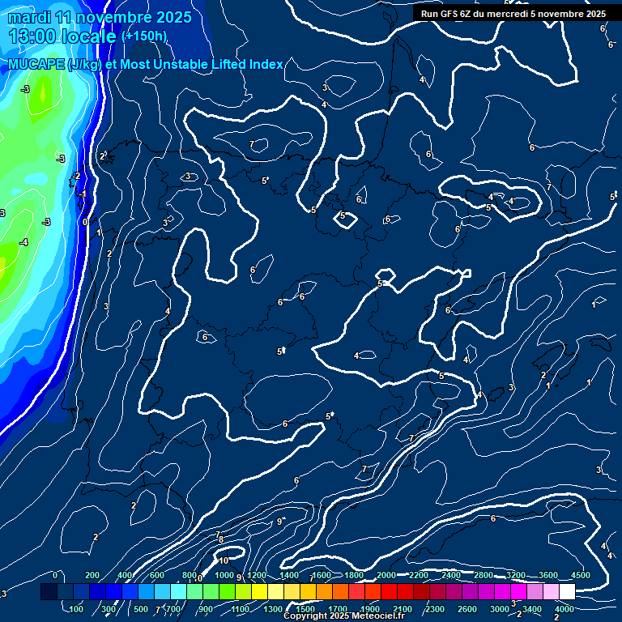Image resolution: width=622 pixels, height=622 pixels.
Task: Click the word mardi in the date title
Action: tap(28, 17)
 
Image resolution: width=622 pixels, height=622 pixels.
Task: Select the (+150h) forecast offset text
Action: tap(144, 36)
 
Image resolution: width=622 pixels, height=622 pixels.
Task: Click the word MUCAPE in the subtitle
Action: tap(37, 65)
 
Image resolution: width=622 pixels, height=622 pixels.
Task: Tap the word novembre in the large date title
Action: tap(117, 17)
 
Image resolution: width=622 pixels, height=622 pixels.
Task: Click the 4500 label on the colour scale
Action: tap(580, 575)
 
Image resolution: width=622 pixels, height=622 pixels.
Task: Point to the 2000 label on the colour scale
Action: tap(386, 575)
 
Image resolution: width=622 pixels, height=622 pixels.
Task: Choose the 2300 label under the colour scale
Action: tap(435, 609)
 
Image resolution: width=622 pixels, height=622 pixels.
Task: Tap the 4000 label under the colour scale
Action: tap(564, 609)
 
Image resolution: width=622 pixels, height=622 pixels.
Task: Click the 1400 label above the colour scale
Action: tap(289, 575)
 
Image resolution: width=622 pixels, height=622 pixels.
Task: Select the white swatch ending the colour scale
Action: tap(567, 592)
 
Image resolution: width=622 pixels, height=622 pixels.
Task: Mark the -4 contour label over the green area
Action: tap(23, 242)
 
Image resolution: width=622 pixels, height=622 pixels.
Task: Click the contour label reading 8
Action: tap(220, 539)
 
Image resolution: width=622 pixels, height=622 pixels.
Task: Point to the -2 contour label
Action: tap(76, 176)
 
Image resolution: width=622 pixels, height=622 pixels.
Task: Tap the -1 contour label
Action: tap(82, 194)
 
